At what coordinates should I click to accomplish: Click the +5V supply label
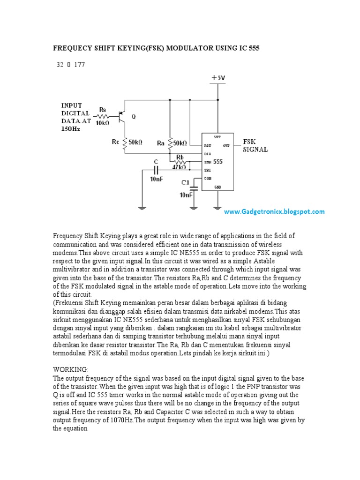(x=218, y=78)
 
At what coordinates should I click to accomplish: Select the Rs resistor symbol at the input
(x=103, y=115)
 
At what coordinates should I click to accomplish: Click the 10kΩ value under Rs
(x=102, y=123)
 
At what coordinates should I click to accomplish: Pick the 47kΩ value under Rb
(x=180, y=166)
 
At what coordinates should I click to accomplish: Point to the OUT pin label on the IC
(x=226, y=145)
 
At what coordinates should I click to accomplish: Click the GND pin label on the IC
(x=217, y=187)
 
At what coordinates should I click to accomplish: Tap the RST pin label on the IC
(x=208, y=146)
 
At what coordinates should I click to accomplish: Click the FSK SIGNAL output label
(x=255, y=145)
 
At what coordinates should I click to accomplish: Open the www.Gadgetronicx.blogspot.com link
(x=274, y=212)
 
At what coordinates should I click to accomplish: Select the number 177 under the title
(x=79, y=65)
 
